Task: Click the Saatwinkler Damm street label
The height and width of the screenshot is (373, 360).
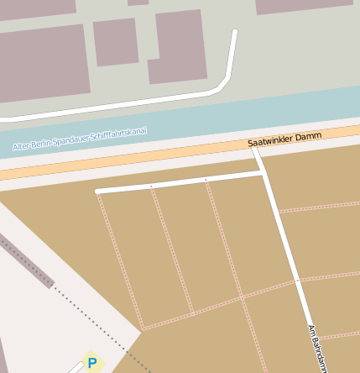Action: coord(284,139)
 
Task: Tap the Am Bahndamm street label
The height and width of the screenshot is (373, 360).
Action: coord(316,348)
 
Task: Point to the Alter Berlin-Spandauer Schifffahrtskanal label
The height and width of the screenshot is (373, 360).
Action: coord(80,139)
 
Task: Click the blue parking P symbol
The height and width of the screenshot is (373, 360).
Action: coord(92,363)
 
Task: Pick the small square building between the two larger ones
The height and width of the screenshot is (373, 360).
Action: coord(115,42)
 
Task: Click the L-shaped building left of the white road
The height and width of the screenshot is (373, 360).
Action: coord(179,47)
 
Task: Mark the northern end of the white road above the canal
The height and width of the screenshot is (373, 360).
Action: coord(235,33)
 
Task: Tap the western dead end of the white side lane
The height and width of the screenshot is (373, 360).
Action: coord(98,192)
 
